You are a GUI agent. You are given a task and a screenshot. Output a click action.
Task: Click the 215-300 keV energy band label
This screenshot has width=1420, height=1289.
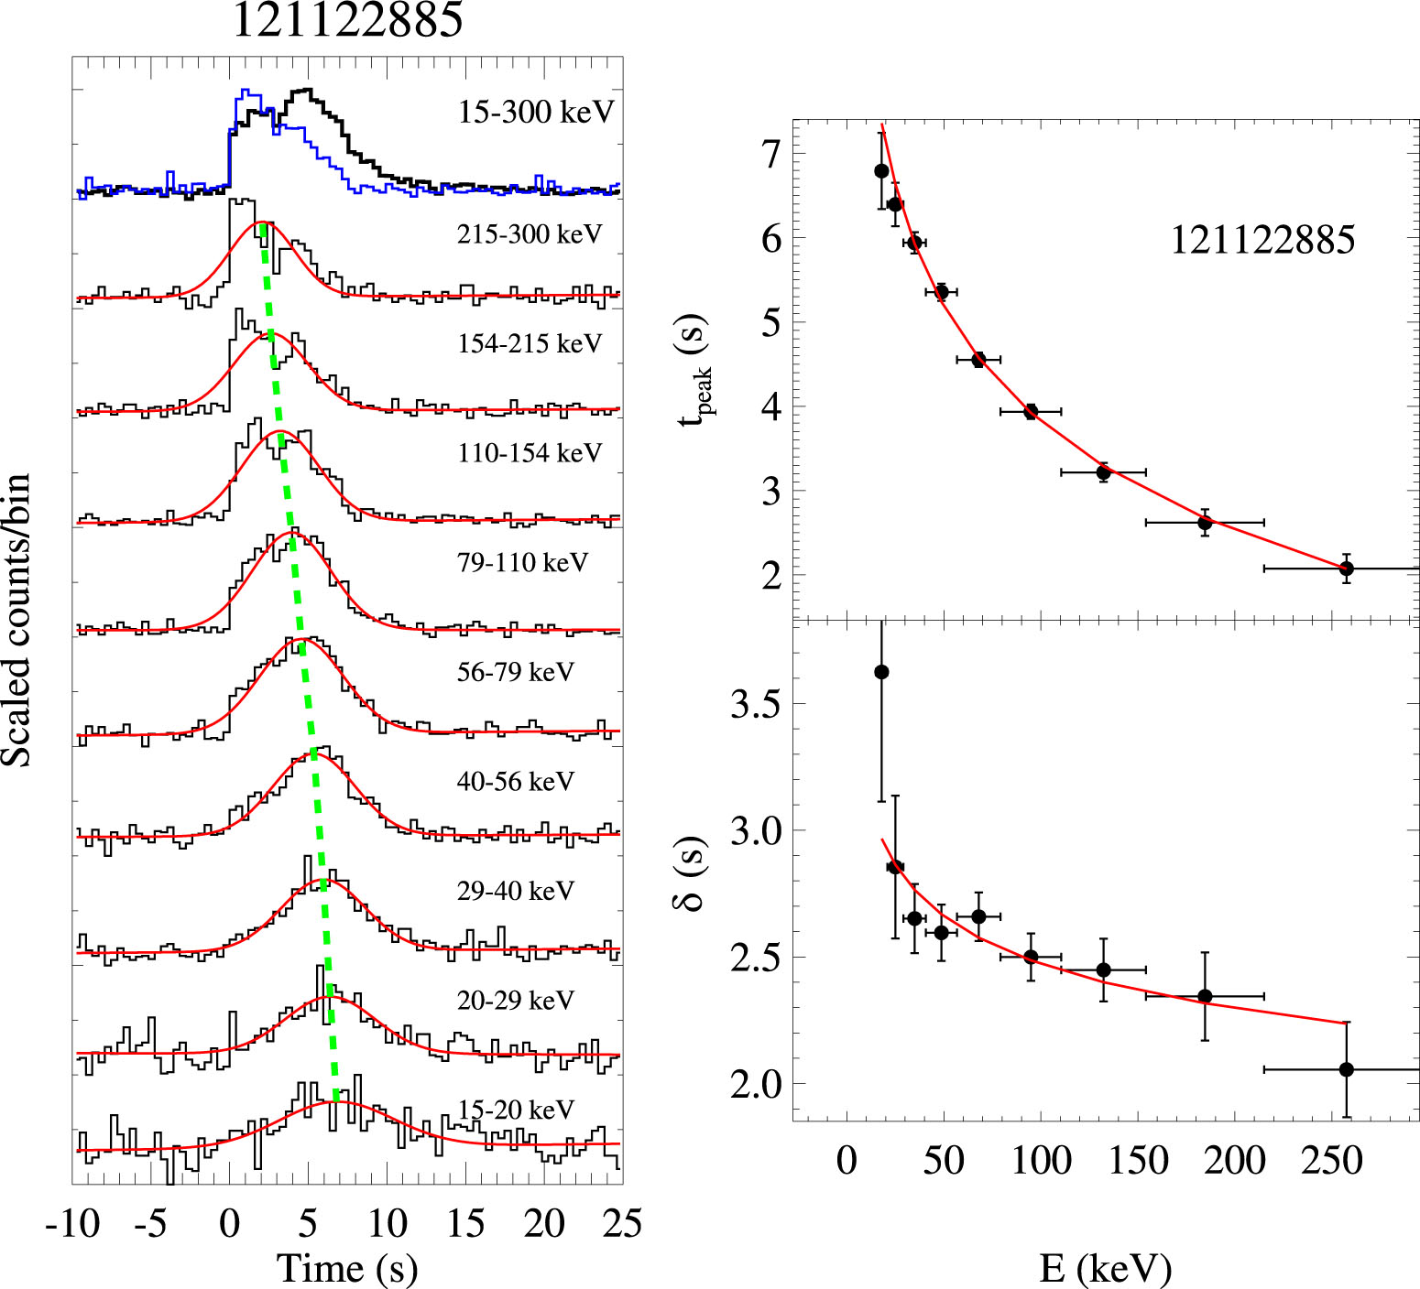click(x=530, y=234)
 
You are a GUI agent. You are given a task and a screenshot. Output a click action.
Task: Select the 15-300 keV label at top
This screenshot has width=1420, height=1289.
click(x=536, y=112)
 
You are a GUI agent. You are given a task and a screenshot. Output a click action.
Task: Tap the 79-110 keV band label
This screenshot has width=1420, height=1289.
click(x=522, y=562)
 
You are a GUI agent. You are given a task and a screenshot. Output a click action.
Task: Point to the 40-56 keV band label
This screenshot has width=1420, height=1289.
click(x=515, y=781)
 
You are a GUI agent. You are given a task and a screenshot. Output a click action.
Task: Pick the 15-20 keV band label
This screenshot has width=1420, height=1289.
click(x=515, y=1110)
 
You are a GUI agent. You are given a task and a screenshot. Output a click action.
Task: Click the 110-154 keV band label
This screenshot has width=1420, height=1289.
click(x=530, y=452)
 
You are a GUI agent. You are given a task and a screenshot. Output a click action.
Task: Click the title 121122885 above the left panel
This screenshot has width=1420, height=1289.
click(x=348, y=20)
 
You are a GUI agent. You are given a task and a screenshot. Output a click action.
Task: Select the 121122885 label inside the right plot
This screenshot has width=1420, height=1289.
click(x=1262, y=240)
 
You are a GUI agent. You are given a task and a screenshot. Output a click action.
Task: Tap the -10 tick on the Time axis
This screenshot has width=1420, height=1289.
click(x=73, y=1223)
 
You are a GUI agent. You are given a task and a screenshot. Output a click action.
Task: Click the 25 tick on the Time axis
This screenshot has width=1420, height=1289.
click(x=622, y=1223)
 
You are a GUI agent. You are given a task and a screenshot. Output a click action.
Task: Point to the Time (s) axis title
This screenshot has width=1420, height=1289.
click(x=347, y=1268)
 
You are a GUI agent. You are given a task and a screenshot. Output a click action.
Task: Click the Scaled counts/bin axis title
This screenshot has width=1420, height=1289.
click(x=16, y=621)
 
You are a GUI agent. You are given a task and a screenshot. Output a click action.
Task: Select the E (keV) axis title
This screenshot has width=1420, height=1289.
click(x=1105, y=1268)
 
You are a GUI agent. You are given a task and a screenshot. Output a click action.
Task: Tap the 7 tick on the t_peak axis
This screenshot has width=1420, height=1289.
click(x=771, y=154)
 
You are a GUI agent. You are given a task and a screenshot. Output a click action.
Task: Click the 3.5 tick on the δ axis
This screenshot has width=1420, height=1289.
click(x=755, y=704)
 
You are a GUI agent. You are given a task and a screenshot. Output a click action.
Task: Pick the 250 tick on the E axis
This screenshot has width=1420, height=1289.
click(x=1331, y=1161)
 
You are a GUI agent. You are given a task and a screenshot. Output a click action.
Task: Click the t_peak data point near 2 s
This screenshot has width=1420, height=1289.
click(x=1346, y=569)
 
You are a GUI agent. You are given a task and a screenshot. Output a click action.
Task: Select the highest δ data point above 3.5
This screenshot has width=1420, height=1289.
click(x=881, y=672)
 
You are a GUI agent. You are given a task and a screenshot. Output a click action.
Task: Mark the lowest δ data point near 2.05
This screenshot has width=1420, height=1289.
click(x=1346, y=1069)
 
